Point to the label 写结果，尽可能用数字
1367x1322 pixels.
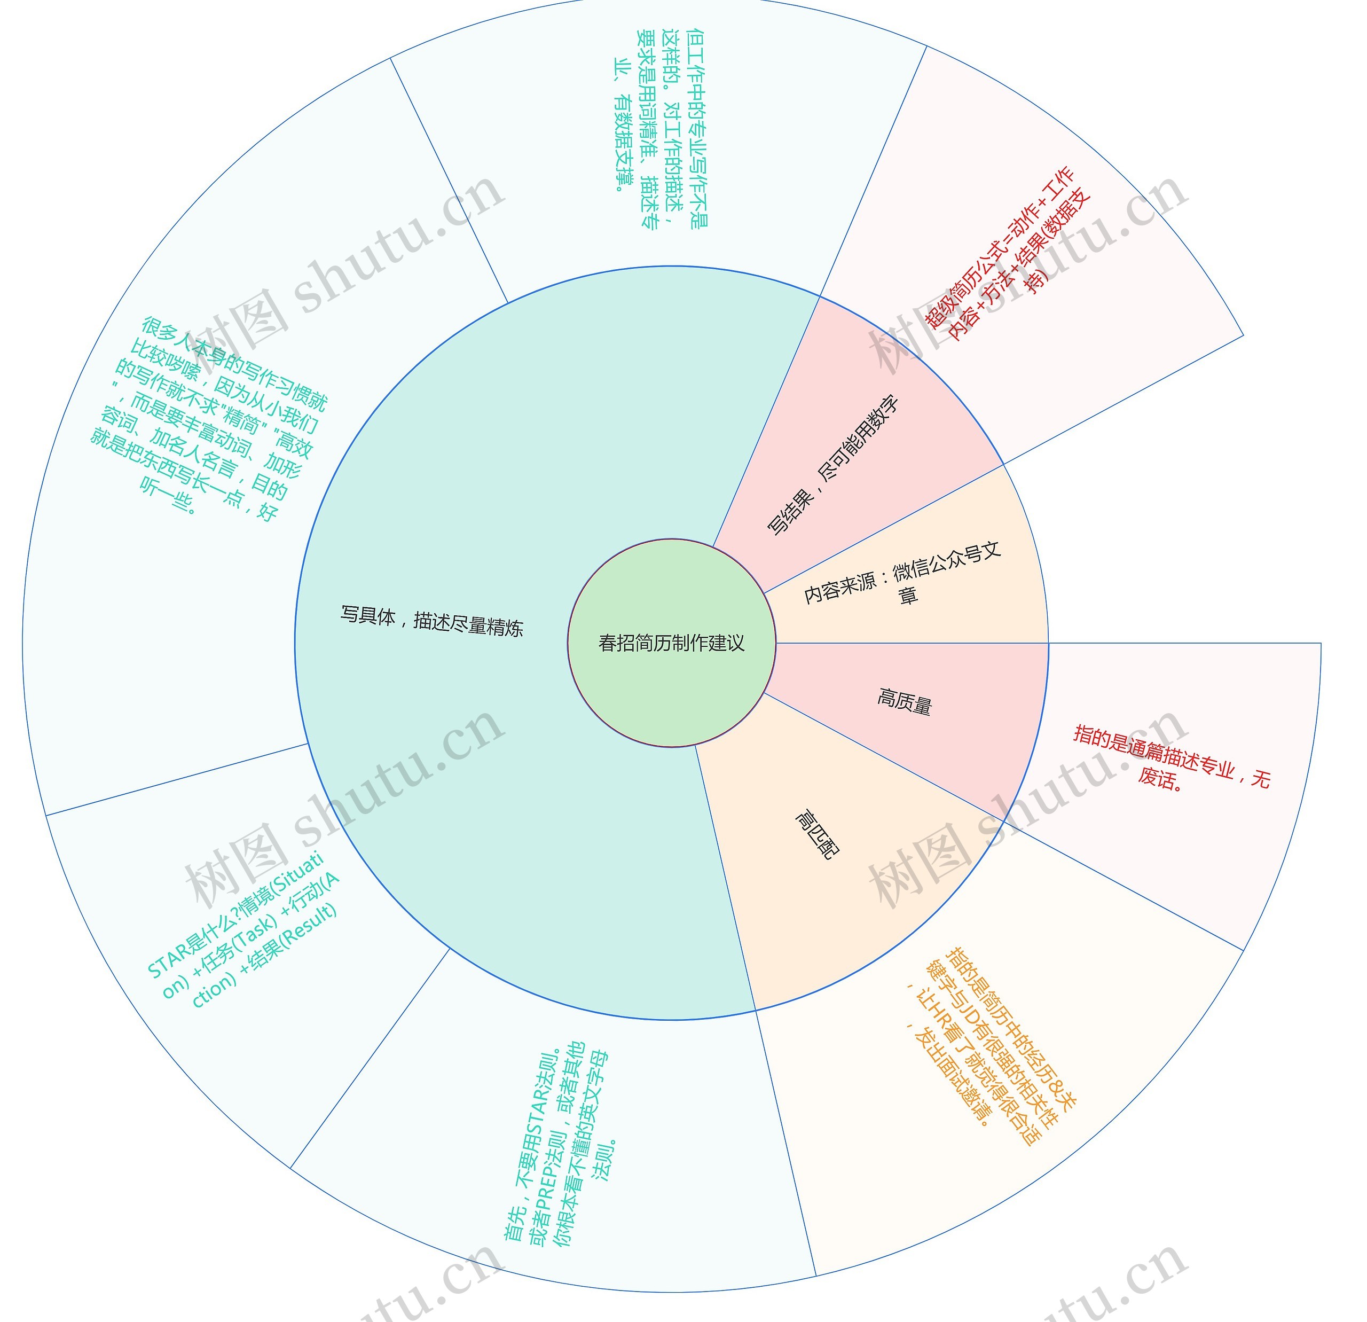click(x=832, y=465)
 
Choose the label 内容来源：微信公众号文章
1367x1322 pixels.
click(x=903, y=574)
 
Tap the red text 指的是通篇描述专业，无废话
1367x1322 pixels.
click(x=1171, y=756)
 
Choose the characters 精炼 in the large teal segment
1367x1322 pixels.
click(x=504, y=627)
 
